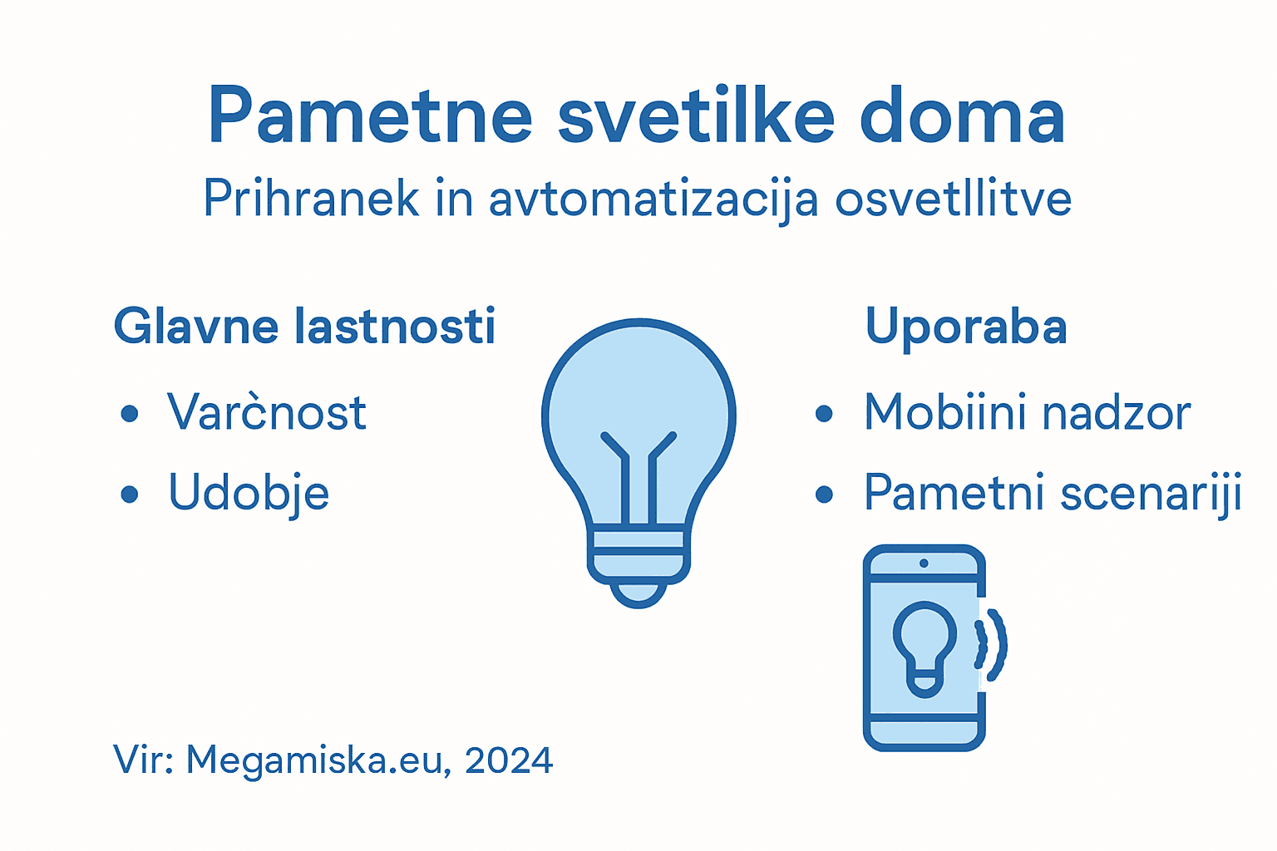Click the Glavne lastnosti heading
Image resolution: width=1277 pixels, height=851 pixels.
coord(304,326)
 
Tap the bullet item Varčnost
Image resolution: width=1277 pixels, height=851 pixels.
coord(266,412)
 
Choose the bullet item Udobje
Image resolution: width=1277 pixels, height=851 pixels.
coord(249,493)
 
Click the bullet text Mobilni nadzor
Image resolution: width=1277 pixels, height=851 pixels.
coord(1028,412)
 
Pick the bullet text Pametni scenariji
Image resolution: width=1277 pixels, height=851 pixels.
coord(1053,493)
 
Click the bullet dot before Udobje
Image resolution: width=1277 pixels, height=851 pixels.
coord(129,494)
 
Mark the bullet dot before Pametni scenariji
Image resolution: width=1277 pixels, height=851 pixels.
coord(824,494)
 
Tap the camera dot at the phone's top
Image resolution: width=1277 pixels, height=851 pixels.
coord(924,563)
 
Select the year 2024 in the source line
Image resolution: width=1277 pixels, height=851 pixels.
coord(509,760)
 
